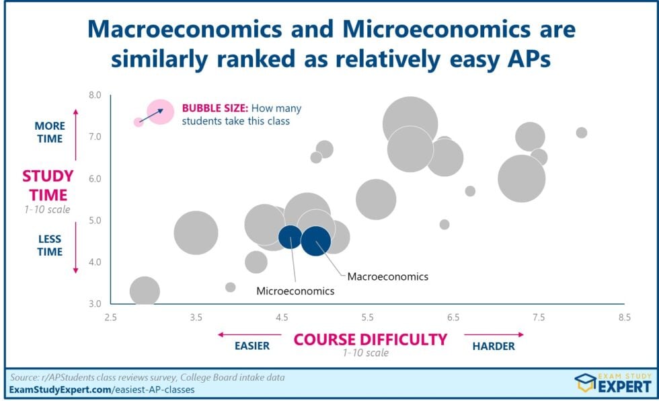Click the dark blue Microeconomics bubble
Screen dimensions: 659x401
pyautogui.click(x=290, y=237)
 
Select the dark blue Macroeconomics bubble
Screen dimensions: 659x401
pyautogui.click(x=315, y=241)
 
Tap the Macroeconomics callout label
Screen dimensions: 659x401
pyautogui.click(x=388, y=277)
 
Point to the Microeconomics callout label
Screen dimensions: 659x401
pyautogui.click(x=295, y=291)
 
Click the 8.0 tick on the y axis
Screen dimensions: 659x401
pyautogui.click(x=95, y=95)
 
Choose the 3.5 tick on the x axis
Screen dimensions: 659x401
pyautogui.click(x=196, y=318)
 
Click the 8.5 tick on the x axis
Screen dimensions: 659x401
pyautogui.click(x=625, y=318)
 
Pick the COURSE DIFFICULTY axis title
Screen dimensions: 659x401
pyautogui.click(x=371, y=339)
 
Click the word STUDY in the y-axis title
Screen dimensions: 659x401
pyautogui.click(x=48, y=176)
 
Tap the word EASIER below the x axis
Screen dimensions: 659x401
pyautogui.click(x=252, y=346)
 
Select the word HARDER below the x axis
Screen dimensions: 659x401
pyautogui.click(x=494, y=347)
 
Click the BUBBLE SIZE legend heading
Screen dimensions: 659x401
pyautogui.click(x=215, y=108)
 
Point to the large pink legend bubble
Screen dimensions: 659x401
pyautogui.click(x=160, y=112)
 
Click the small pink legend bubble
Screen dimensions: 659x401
pyautogui.click(x=139, y=122)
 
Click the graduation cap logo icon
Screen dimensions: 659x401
pyautogui.click(x=585, y=383)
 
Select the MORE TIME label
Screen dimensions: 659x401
pyautogui.click(x=50, y=133)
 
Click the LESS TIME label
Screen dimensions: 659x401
pyautogui.click(x=50, y=246)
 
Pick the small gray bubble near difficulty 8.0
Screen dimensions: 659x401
pyautogui.click(x=581, y=133)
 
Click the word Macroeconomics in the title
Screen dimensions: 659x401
pyautogui.click(x=185, y=30)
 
